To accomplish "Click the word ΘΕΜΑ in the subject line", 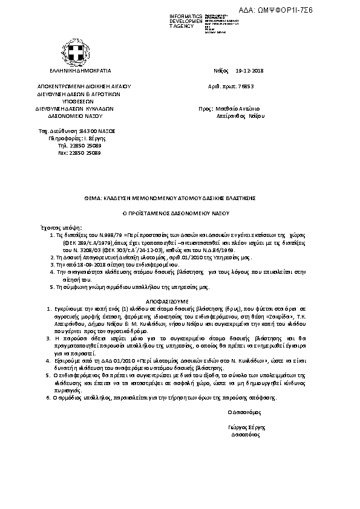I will [91, 198].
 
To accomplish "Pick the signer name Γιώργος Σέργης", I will [244, 427].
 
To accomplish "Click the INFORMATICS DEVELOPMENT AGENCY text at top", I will [186, 20].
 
